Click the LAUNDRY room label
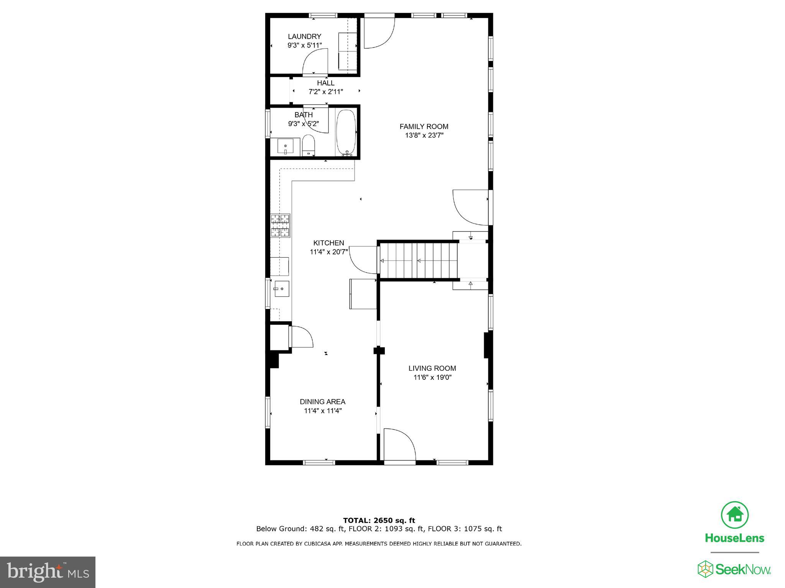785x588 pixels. click(x=304, y=36)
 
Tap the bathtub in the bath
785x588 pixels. click(x=346, y=132)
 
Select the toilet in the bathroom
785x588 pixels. click(x=308, y=145)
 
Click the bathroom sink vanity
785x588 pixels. click(x=285, y=147)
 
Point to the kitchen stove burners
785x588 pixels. click(x=280, y=225)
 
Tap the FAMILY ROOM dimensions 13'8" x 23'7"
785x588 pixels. click(x=424, y=135)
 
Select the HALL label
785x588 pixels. click(x=325, y=83)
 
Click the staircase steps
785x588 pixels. click(x=419, y=261)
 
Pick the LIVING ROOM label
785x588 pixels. click(x=432, y=368)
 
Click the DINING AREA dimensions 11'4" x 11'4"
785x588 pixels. click(x=322, y=411)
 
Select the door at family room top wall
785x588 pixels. click(x=378, y=33)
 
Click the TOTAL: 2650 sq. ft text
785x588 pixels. click(x=379, y=520)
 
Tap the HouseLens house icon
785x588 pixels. click(x=734, y=514)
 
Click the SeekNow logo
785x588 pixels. click(x=734, y=569)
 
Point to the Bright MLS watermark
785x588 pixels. click(x=48, y=572)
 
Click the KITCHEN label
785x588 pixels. click(x=328, y=243)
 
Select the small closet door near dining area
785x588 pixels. click(x=302, y=337)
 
